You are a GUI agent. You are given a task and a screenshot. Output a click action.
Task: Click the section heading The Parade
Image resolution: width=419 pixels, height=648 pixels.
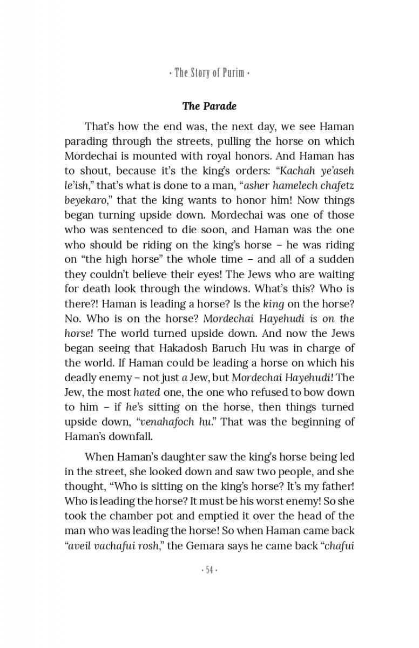[x=209, y=106]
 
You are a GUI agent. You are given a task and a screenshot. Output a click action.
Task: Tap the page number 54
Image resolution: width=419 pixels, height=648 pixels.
[x=209, y=570]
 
